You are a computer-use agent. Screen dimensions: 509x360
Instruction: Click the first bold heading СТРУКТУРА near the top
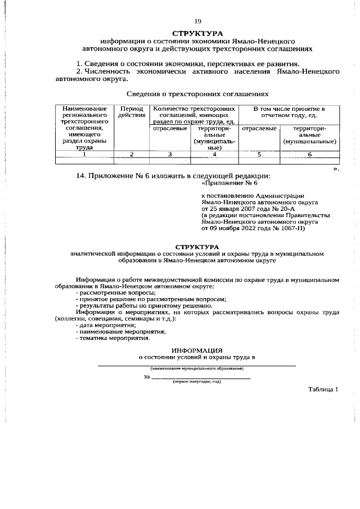(x=197, y=34)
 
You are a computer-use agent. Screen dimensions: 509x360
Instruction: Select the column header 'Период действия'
(x=132, y=111)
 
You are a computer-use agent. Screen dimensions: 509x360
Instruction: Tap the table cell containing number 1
(x=84, y=154)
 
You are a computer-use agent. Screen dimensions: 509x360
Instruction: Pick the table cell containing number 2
(x=132, y=154)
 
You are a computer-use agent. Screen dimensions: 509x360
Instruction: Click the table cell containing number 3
(x=169, y=154)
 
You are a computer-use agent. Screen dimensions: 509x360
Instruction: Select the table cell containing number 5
(x=259, y=154)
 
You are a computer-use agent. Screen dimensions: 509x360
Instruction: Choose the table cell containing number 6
(x=309, y=154)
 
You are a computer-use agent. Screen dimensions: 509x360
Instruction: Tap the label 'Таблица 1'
(x=323, y=389)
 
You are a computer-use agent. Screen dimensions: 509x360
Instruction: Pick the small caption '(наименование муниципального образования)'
(x=197, y=368)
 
